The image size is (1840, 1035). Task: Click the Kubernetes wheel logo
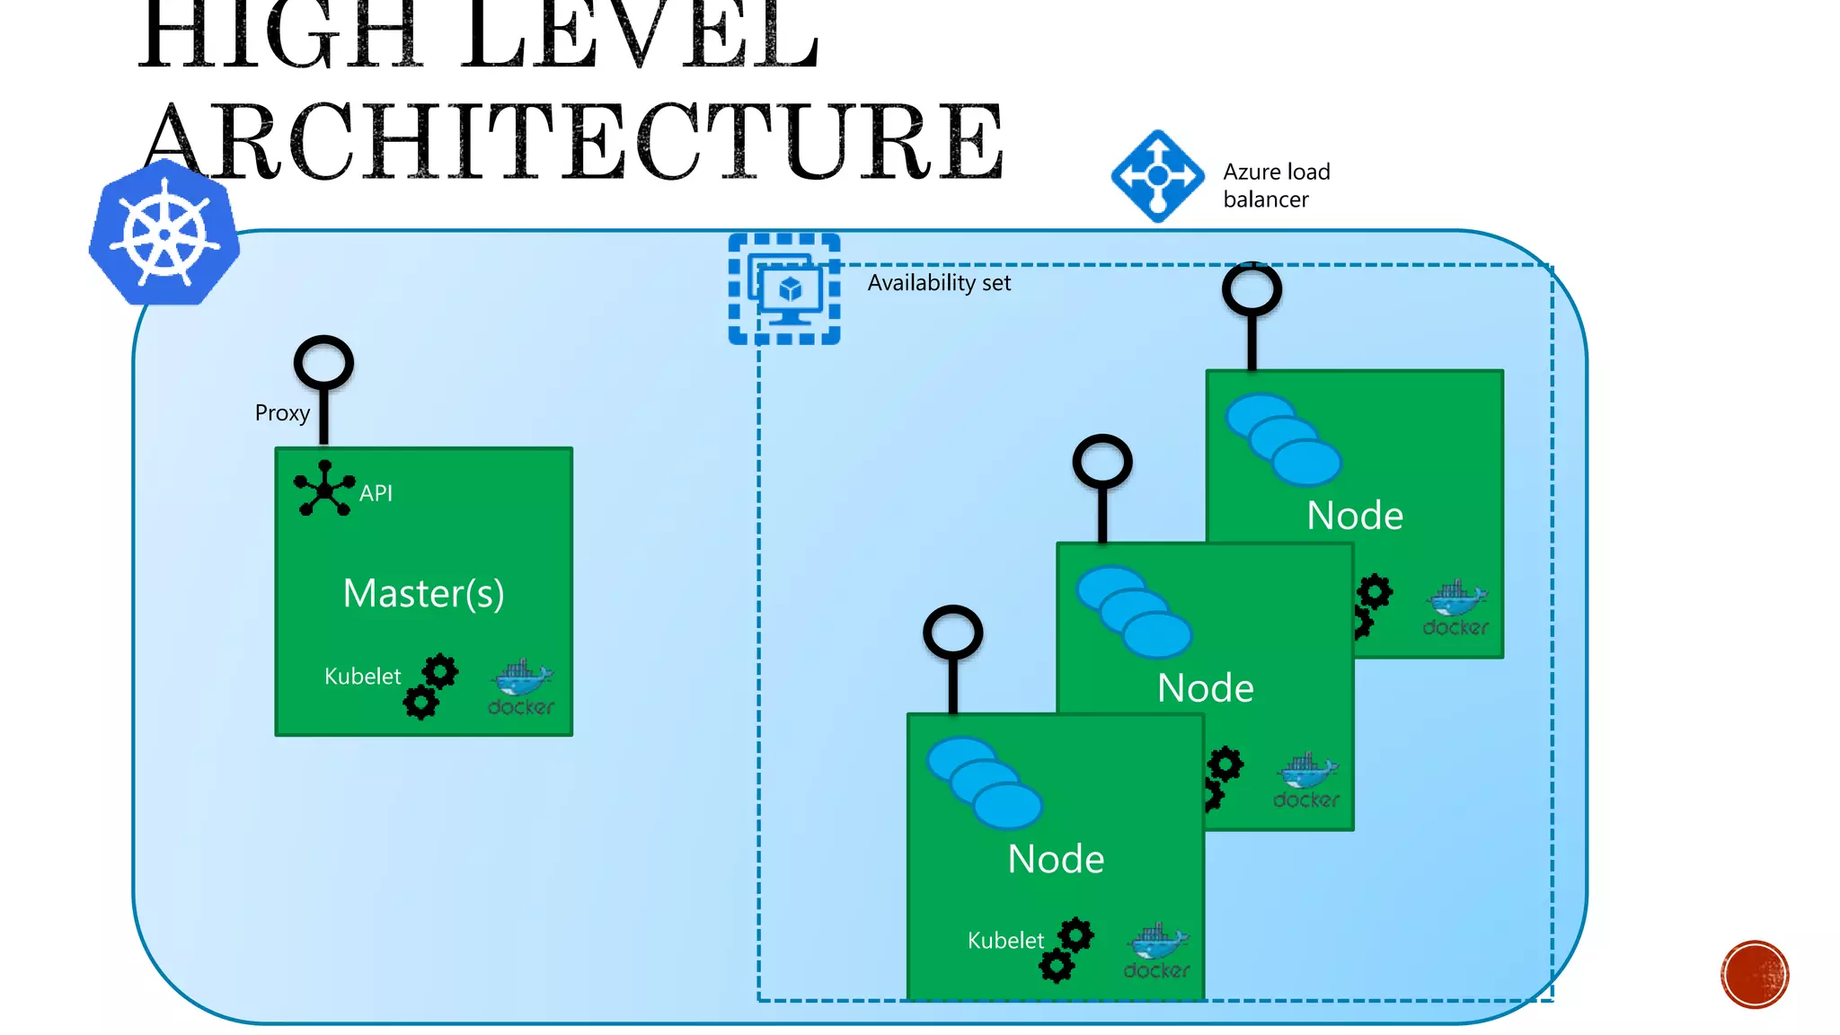pos(164,234)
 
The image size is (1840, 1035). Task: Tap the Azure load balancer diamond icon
pos(1157,176)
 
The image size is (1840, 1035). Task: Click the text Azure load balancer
pos(1275,185)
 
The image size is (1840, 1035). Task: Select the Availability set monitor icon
pos(784,289)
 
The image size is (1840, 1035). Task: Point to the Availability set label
pos(939,283)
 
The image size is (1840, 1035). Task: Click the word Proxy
pos(282,413)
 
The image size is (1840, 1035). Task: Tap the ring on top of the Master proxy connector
pos(323,363)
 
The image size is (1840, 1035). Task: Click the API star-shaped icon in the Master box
pos(323,489)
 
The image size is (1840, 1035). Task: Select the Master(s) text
pos(423,593)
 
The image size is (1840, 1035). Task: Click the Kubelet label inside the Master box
pos(362,677)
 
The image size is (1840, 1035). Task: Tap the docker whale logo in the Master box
pos(521,688)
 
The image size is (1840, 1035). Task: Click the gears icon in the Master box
pos(430,686)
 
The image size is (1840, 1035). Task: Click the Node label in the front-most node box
pos(1056,859)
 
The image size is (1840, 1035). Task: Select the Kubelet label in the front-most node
pos(1005,941)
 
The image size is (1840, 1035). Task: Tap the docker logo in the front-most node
pos(1157,951)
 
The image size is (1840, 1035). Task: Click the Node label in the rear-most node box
pos(1355,516)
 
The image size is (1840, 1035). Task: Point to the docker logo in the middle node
pos(1306,781)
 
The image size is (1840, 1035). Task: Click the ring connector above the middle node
pos(1102,463)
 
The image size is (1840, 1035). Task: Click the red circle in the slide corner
pos(1755,974)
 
